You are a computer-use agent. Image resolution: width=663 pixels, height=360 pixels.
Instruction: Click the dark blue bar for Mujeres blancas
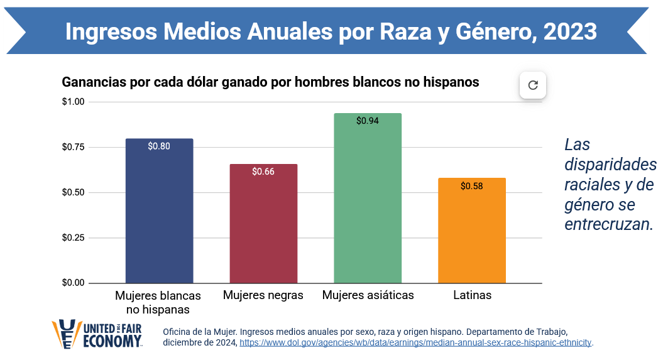tap(159, 214)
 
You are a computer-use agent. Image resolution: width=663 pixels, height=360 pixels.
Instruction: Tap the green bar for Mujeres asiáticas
tap(367, 201)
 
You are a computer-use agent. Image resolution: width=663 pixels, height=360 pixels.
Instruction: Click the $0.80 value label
tap(159, 146)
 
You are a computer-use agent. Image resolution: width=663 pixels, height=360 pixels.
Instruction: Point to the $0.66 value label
tap(263, 172)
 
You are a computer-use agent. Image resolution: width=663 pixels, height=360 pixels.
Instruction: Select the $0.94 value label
tap(367, 121)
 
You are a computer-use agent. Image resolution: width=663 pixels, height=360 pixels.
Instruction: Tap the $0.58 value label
tap(471, 186)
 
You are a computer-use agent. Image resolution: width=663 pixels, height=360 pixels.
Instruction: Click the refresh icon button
tap(533, 85)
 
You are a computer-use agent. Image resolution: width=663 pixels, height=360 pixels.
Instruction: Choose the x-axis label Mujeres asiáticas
tap(368, 295)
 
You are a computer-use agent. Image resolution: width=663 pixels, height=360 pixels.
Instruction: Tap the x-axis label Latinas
tap(472, 295)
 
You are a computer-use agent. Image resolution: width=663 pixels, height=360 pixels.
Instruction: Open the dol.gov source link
tap(416, 343)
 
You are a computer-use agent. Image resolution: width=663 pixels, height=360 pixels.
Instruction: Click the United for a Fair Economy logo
tap(97, 334)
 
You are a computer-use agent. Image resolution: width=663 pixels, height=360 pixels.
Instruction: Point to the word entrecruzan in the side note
tap(609, 224)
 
